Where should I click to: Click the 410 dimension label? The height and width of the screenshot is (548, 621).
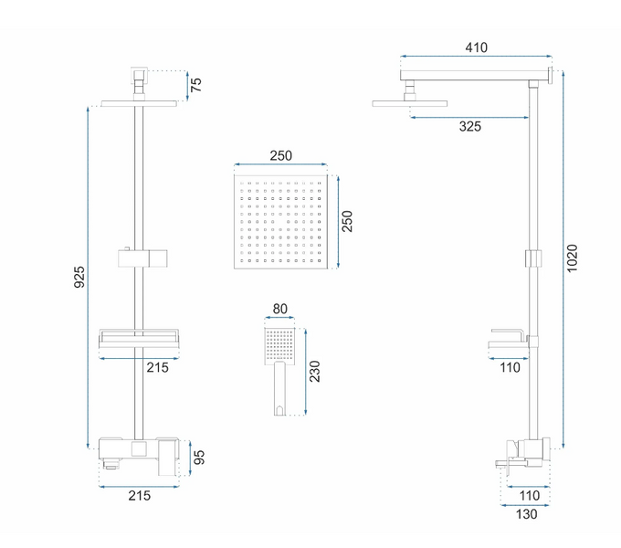coord(476,47)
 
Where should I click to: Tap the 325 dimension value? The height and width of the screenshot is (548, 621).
coord(470,127)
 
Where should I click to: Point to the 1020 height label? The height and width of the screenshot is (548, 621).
coord(572,258)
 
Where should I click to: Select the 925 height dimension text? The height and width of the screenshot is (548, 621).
coord(79,277)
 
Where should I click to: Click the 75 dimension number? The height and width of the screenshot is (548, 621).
coord(196,85)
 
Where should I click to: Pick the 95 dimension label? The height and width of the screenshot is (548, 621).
coord(199,458)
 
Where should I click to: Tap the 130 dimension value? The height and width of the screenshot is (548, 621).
coord(526,514)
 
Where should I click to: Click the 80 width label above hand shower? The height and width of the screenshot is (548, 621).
coord(280,309)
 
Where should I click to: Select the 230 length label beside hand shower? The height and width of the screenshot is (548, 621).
coord(314,372)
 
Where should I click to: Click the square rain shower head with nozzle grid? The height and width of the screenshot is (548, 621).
coord(280,222)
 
